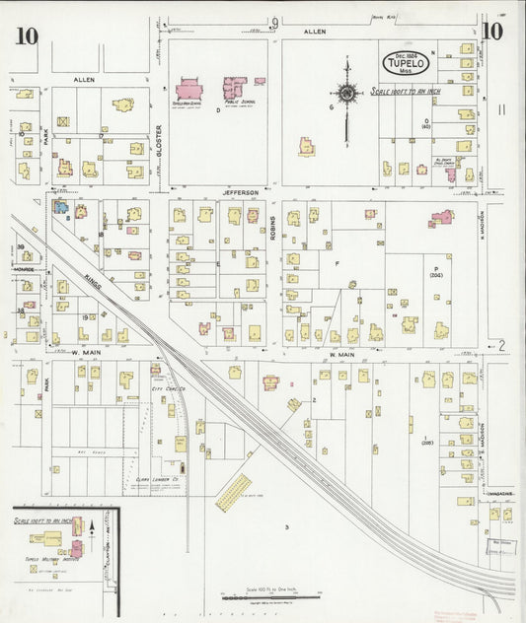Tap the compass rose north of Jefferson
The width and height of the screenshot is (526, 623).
tap(347, 94)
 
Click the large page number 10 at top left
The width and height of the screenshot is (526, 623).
tap(27, 36)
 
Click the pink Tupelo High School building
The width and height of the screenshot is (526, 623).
tap(188, 90)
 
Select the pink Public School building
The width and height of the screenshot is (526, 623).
tap(235, 89)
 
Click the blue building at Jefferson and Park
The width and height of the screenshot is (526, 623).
tap(60, 208)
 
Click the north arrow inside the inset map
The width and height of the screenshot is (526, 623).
tap(93, 529)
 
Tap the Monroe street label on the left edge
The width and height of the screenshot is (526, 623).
tap(24, 269)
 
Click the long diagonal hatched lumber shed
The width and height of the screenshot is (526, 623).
tap(234, 487)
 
